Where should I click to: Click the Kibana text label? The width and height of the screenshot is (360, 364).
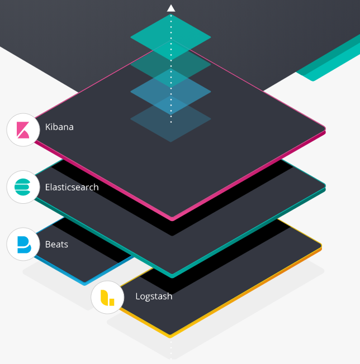[x=59, y=127]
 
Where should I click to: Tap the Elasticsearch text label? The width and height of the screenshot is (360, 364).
[x=72, y=187]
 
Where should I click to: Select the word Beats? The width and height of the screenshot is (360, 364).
[x=56, y=245]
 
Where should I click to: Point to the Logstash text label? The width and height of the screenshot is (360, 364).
[x=154, y=296]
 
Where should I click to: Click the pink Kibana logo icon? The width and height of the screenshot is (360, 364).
[x=23, y=130]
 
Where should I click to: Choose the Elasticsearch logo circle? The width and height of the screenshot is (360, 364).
[x=23, y=187]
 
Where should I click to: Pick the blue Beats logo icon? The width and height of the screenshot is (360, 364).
[x=23, y=245]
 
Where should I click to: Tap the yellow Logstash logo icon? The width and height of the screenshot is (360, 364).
[x=107, y=298]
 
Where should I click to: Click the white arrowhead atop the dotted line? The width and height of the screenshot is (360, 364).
[x=171, y=8]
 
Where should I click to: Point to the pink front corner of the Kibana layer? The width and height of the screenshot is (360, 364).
[x=172, y=217]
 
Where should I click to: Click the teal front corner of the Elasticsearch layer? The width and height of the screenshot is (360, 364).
[x=172, y=275]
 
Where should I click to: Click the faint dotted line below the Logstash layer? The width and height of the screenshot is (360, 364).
[x=171, y=349]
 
